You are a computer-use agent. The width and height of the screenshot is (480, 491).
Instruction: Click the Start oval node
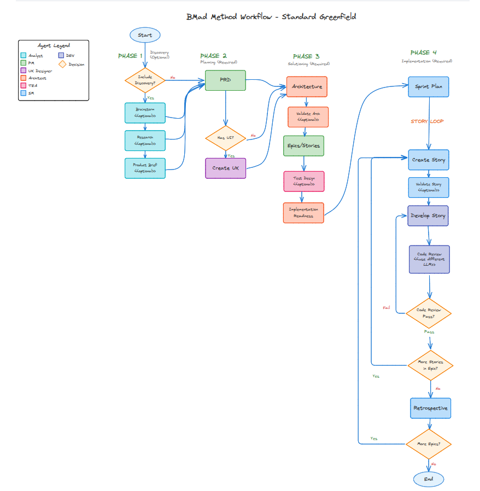(x=145, y=35)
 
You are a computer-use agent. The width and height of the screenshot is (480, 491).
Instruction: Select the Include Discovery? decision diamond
(x=145, y=80)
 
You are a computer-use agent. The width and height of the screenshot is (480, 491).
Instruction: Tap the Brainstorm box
(x=145, y=113)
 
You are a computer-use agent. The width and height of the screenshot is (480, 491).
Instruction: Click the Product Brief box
(x=145, y=167)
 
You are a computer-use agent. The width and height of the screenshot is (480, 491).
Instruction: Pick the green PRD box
(x=225, y=80)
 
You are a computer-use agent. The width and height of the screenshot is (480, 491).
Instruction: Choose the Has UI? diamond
(x=225, y=138)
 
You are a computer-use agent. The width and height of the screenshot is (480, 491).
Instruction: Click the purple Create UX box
(x=225, y=168)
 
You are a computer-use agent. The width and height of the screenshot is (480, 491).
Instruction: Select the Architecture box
(x=307, y=86)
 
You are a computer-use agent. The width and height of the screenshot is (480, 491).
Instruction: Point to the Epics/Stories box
(x=303, y=146)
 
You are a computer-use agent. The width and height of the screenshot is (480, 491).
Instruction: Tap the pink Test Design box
(x=303, y=181)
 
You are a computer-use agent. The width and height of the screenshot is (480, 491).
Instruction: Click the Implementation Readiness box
(x=303, y=213)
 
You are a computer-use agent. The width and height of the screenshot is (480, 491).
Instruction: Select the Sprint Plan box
(x=429, y=86)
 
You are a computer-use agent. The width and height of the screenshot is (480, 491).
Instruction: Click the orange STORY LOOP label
(x=427, y=121)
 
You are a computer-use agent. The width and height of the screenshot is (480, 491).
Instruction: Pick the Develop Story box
(x=428, y=215)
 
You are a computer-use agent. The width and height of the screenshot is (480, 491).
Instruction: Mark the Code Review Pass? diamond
(x=429, y=313)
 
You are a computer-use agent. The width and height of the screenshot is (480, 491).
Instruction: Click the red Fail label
(x=387, y=308)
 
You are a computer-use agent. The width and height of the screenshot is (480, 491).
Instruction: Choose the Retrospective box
(x=430, y=408)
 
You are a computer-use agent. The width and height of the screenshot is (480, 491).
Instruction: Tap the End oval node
(x=429, y=479)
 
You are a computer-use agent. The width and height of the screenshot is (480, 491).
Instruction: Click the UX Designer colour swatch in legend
(x=23, y=71)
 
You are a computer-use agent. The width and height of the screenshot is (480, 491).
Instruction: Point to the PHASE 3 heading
(x=306, y=56)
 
